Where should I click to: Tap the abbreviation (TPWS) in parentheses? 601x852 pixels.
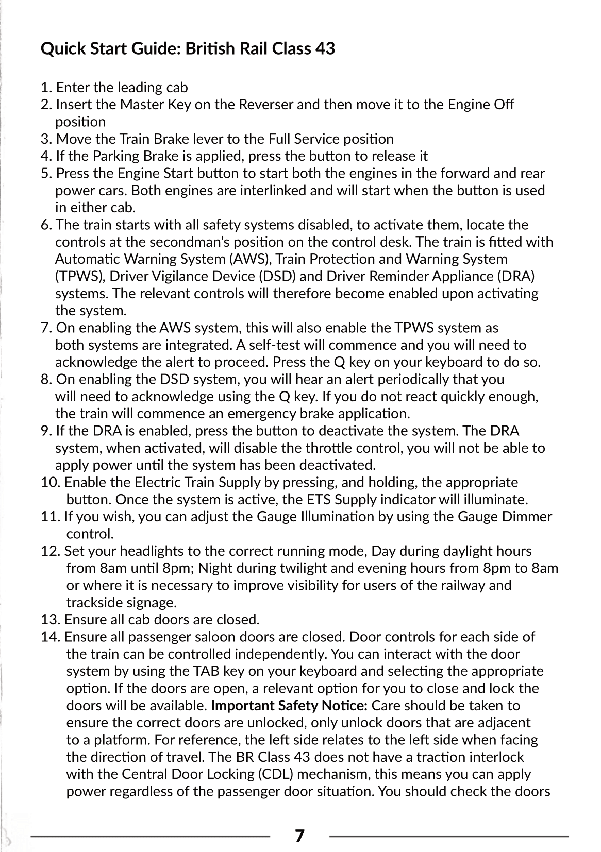80,277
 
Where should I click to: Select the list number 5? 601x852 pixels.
46,174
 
